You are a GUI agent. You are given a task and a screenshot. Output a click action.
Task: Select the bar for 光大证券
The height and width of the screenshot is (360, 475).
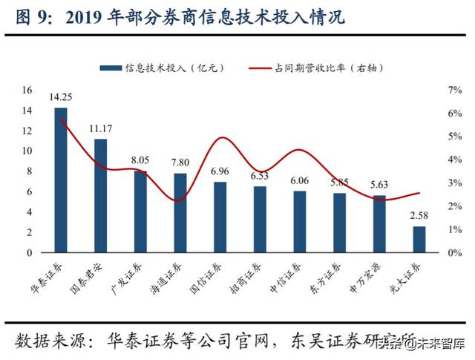(x=419, y=240)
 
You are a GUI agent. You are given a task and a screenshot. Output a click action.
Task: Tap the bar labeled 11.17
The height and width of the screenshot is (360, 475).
(x=101, y=196)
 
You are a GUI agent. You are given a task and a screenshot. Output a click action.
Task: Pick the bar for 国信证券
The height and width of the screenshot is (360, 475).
(x=220, y=217)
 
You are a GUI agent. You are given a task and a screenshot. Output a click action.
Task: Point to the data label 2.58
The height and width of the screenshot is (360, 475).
(x=420, y=217)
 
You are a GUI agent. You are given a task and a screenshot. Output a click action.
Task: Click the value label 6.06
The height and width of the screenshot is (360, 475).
(x=300, y=181)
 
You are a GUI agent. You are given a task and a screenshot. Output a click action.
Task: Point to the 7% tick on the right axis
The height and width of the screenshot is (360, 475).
(x=455, y=90)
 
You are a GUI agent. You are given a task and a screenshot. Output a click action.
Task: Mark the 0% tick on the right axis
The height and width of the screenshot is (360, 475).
(x=455, y=253)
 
